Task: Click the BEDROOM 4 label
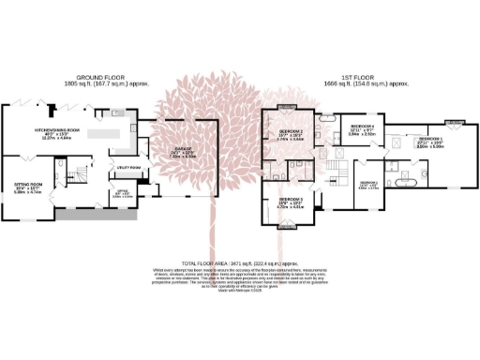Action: click(x=362, y=126)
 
